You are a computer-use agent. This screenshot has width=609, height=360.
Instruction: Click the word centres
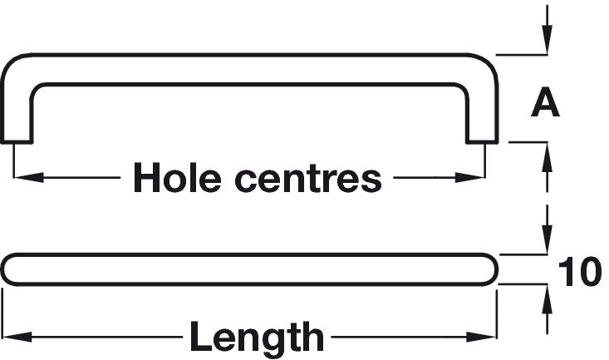[307, 177]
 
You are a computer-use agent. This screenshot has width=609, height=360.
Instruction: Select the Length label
[257, 338]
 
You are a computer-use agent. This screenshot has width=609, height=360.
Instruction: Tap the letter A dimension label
[545, 103]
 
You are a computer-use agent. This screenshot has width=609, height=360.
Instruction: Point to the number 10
[579, 273]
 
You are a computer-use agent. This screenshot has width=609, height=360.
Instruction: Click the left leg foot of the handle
[17, 133]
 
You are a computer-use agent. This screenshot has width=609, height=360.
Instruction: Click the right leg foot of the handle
[482, 133]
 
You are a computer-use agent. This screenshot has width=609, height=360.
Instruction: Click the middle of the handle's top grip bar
[249, 68]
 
